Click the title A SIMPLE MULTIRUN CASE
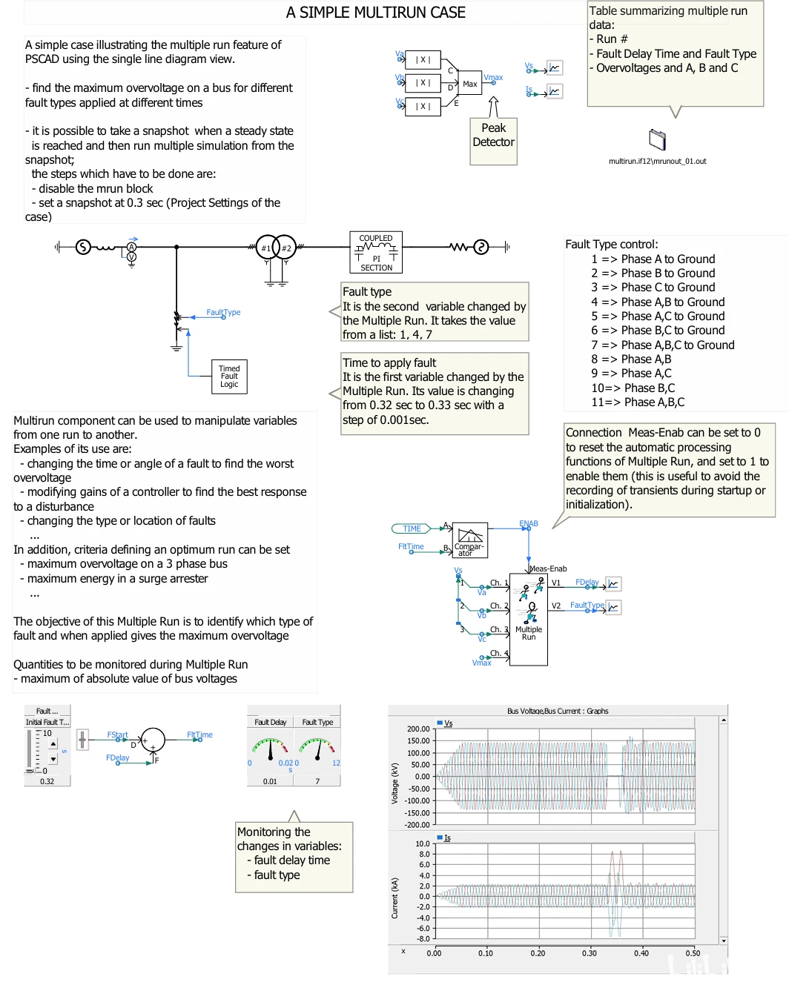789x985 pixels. click(375, 13)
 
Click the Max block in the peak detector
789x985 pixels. click(470, 84)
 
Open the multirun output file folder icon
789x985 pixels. click(657, 139)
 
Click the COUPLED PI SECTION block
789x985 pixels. click(376, 253)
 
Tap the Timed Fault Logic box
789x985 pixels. click(229, 377)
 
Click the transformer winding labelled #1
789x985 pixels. click(266, 248)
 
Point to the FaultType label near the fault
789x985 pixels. click(223, 313)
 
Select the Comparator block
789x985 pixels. click(469, 540)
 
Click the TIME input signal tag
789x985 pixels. click(412, 528)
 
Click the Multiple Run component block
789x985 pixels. click(529, 619)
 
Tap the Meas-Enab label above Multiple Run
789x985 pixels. click(548, 569)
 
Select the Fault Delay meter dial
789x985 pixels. click(270, 749)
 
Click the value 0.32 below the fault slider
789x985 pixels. click(47, 781)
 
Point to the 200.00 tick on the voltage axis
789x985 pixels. click(418, 729)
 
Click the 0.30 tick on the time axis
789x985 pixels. click(589, 953)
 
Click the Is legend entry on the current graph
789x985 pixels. click(446, 838)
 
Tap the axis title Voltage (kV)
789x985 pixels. click(394, 783)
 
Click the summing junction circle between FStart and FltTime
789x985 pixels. click(153, 739)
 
